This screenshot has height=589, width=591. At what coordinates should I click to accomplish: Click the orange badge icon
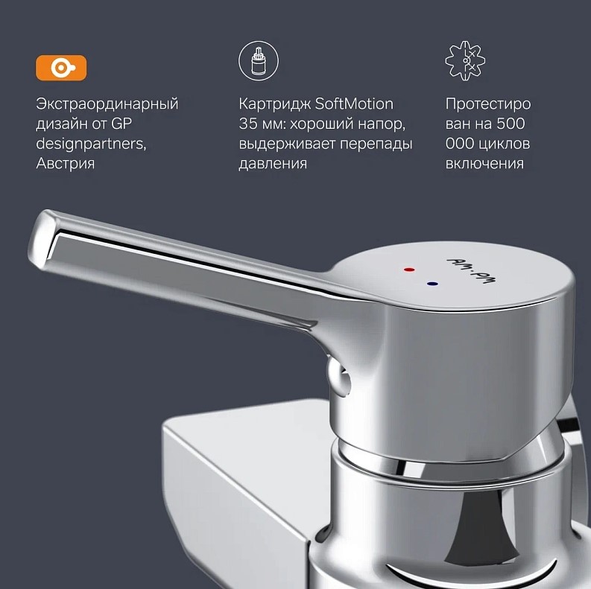[x=61, y=68]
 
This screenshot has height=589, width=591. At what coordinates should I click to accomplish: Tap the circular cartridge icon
[x=259, y=61]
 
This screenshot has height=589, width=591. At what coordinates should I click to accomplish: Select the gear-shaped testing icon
[x=465, y=60]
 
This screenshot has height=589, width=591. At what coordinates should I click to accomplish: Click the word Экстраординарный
[x=107, y=104]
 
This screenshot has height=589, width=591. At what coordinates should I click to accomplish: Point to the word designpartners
[x=91, y=144]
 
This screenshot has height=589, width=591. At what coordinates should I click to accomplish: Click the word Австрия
[x=65, y=163]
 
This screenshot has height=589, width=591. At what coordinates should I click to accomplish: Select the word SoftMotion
[x=354, y=104]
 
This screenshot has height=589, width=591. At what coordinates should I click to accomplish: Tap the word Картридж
[x=275, y=104]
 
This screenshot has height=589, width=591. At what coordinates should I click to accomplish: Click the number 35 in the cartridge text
[x=248, y=124]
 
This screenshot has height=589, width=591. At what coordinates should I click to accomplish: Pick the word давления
[x=273, y=164]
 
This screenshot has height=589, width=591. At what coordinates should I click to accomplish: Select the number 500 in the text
[x=511, y=124]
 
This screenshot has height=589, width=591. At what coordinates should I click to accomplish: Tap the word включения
[x=484, y=164]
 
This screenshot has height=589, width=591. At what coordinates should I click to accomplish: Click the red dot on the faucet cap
[x=409, y=270]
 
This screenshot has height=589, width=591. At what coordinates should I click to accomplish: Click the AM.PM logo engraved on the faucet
[x=472, y=270]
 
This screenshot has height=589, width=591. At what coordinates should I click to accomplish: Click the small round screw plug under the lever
[x=339, y=377]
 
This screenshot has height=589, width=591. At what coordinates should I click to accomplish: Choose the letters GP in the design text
[x=121, y=124]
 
